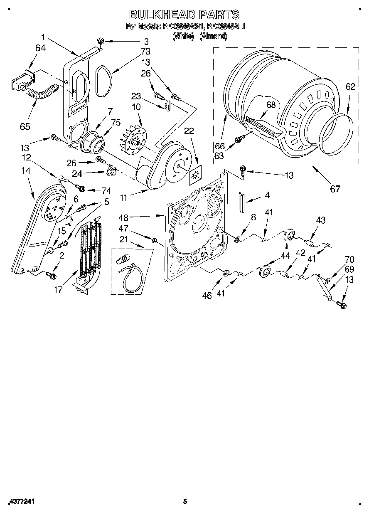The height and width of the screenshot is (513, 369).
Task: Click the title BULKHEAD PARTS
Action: [x=184, y=15]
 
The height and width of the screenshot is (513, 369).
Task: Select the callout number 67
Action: [x=335, y=189]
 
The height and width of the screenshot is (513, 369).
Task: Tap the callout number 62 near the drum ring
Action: [x=350, y=87]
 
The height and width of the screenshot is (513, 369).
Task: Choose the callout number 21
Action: [x=123, y=239]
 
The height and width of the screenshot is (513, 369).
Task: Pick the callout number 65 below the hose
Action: [x=25, y=126]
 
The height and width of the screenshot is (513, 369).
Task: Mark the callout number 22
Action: [x=189, y=131]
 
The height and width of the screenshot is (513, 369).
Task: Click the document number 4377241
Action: [x=21, y=502]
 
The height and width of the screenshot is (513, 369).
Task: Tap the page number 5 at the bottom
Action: [x=185, y=501]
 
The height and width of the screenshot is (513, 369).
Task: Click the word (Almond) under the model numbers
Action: [x=213, y=37]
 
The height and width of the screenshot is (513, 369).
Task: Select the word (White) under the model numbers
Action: [x=183, y=37]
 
